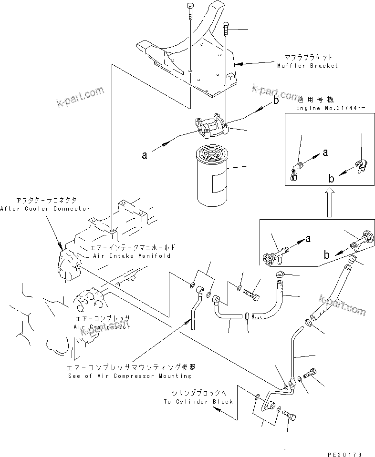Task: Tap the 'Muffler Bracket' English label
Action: (x=307, y=66)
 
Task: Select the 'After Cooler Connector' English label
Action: (x=45, y=209)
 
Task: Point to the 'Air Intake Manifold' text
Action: (x=126, y=256)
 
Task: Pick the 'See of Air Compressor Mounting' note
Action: (x=130, y=376)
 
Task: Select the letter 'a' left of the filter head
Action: (x=143, y=154)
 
